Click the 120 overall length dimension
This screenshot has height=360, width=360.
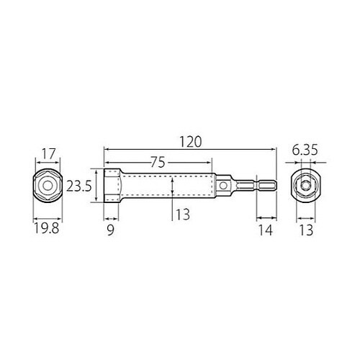click(x=191, y=142)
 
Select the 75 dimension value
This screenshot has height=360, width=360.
click(x=158, y=162)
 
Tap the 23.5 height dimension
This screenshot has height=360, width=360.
click(x=79, y=186)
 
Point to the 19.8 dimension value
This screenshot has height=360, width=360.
click(x=46, y=228)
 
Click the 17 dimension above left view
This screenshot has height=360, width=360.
click(x=49, y=154)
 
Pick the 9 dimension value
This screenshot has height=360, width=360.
click(x=110, y=230)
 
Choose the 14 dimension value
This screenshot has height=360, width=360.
click(x=266, y=230)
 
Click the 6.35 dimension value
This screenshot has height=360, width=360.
click(x=305, y=150)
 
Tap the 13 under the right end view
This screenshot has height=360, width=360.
click(x=306, y=230)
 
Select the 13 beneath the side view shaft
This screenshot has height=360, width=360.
click(x=183, y=215)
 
